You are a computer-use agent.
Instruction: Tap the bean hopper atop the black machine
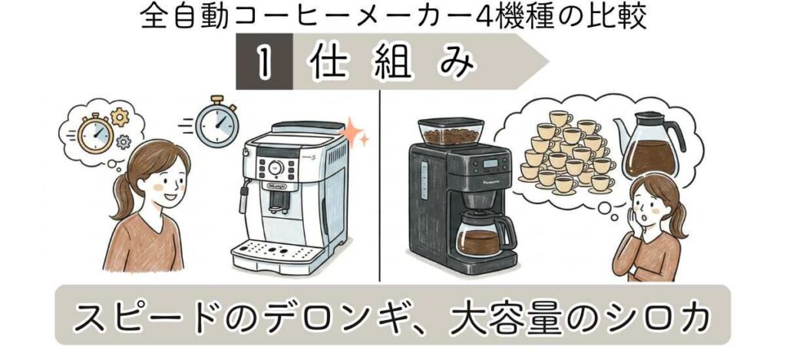(449, 132)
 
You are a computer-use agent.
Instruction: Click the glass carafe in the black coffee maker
(481, 233)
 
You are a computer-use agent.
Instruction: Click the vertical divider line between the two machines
(381, 184)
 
